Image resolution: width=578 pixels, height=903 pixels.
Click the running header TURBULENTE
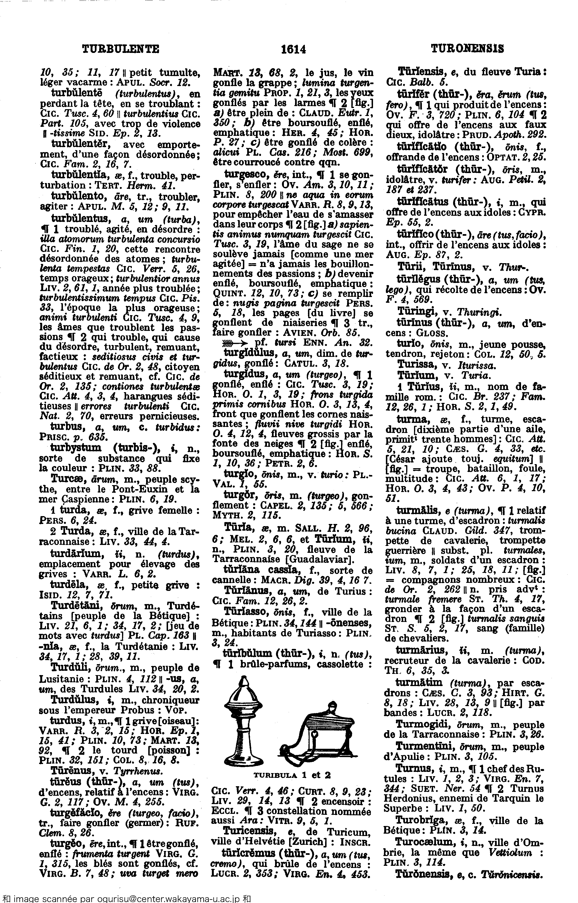click(120, 49)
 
